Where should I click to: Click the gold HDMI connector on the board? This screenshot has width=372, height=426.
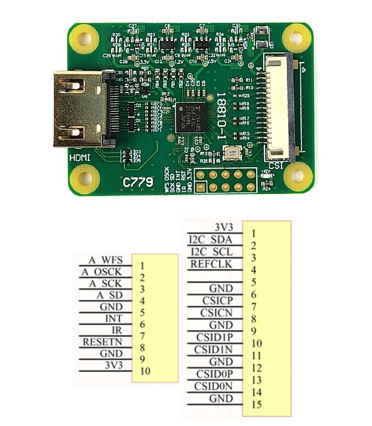pyautogui.click(x=80, y=110)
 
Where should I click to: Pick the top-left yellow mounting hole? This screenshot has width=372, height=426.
pyautogui.click(x=84, y=39)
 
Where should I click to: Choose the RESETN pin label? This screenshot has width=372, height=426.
pyautogui.click(x=103, y=342)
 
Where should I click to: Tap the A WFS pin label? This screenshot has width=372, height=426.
pyautogui.click(x=106, y=260)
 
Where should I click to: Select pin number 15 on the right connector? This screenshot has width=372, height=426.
pyautogui.click(x=255, y=405)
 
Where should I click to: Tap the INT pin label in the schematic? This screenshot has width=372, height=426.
pyautogui.click(x=114, y=318)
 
